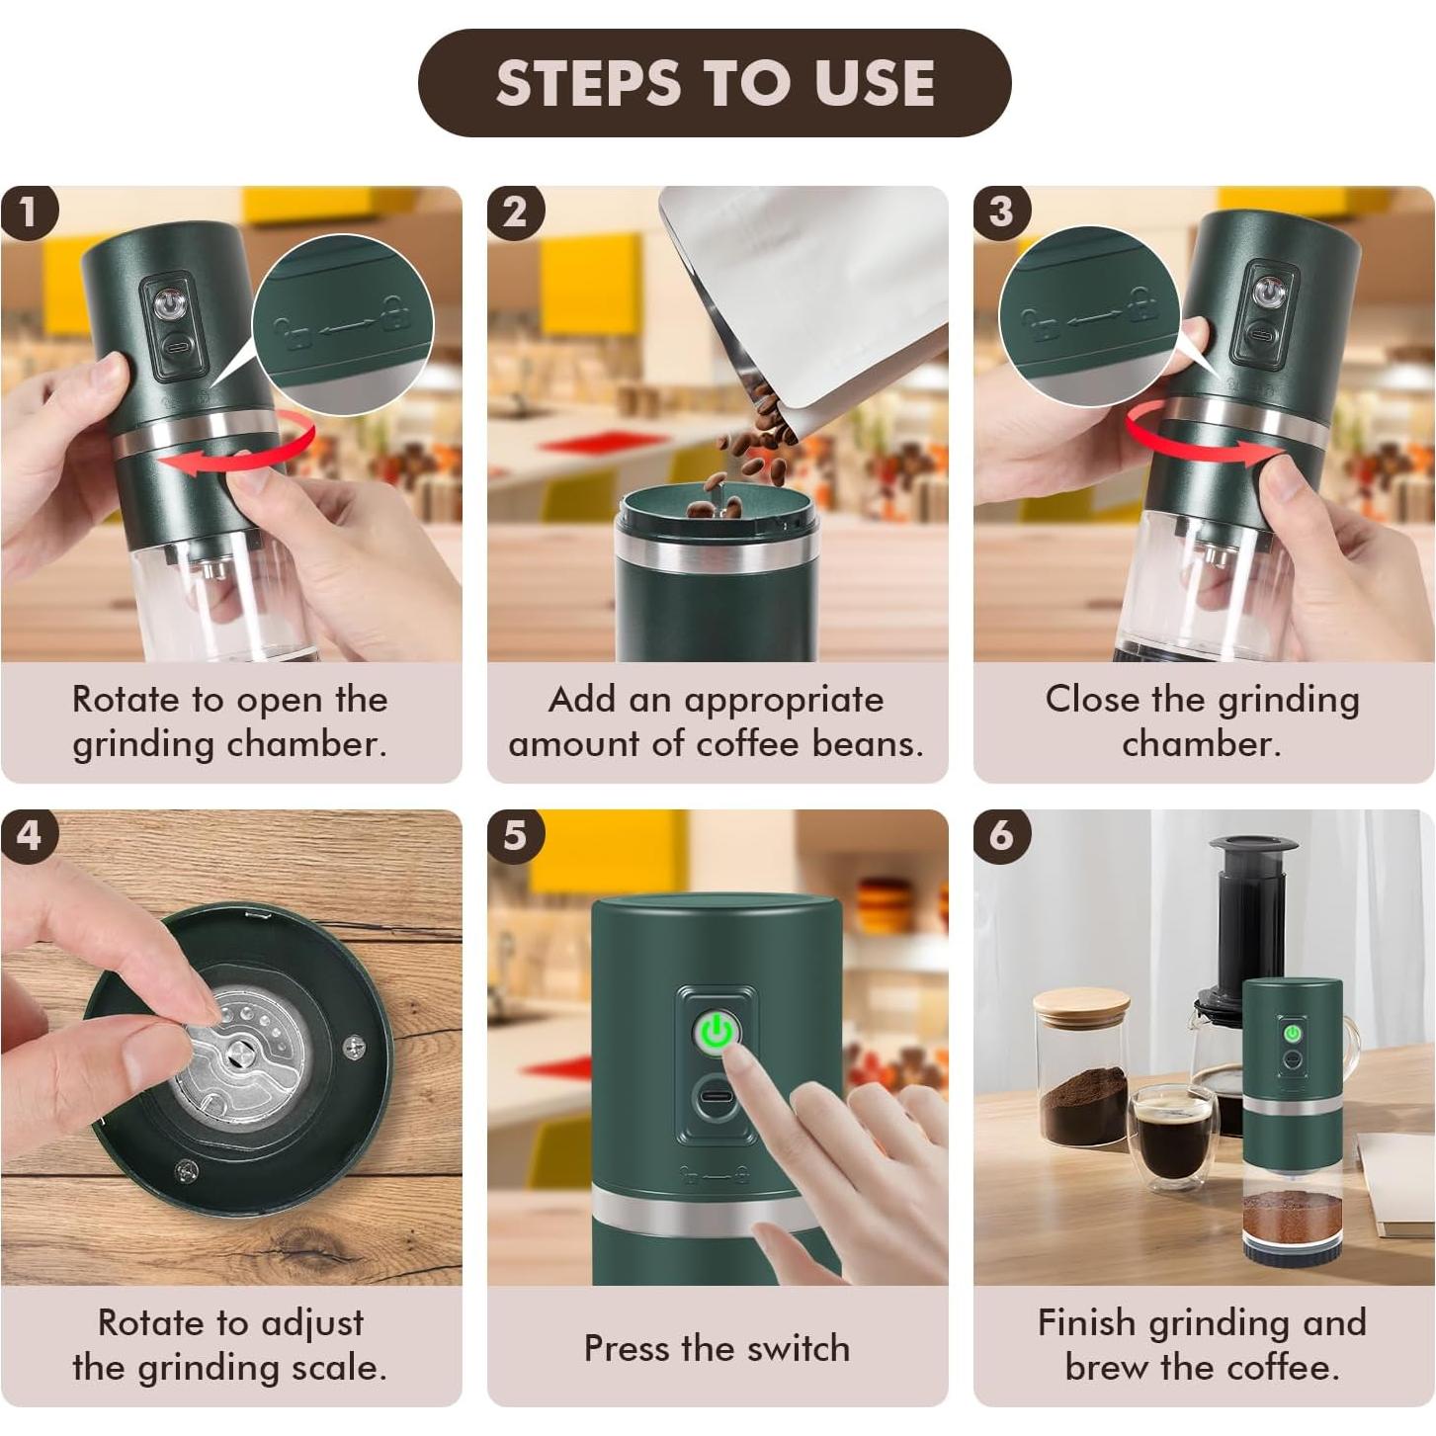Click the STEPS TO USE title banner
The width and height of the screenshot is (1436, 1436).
point(714,83)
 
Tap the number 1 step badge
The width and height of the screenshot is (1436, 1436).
point(29,213)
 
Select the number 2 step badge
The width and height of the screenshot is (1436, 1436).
point(516,213)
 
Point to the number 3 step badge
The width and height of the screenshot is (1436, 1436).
point(1002,213)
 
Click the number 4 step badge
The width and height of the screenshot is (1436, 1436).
point(29,836)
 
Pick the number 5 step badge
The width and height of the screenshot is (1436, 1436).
point(516,836)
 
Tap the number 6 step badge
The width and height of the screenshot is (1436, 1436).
point(1002,836)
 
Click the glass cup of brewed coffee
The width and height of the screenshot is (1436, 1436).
point(1173,1140)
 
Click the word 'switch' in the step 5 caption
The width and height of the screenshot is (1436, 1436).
point(798,1349)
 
